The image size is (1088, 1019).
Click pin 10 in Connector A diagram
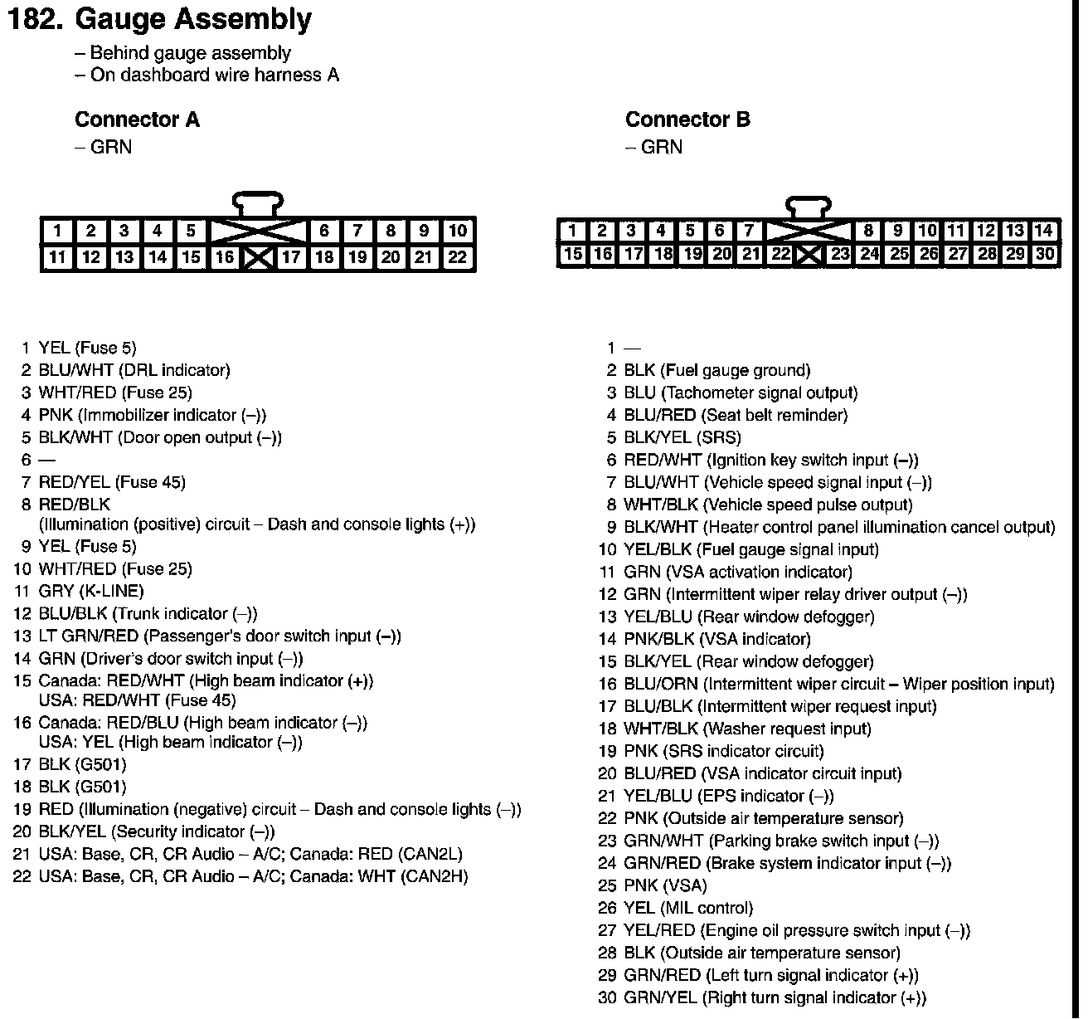(x=457, y=231)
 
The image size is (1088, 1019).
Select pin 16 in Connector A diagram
(x=224, y=257)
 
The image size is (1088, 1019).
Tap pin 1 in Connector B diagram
(x=572, y=231)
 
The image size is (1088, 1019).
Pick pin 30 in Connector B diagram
(x=1045, y=254)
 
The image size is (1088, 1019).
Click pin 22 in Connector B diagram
(x=780, y=254)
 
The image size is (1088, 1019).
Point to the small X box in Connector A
(x=258, y=258)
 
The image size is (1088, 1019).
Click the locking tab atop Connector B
(x=809, y=205)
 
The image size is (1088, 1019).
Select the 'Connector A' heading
(x=137, y=119)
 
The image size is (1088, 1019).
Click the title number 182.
(x=34, y=19)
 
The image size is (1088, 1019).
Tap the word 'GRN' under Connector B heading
(x=662, y=147)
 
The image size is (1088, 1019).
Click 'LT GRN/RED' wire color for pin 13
(x=89, y=636)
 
